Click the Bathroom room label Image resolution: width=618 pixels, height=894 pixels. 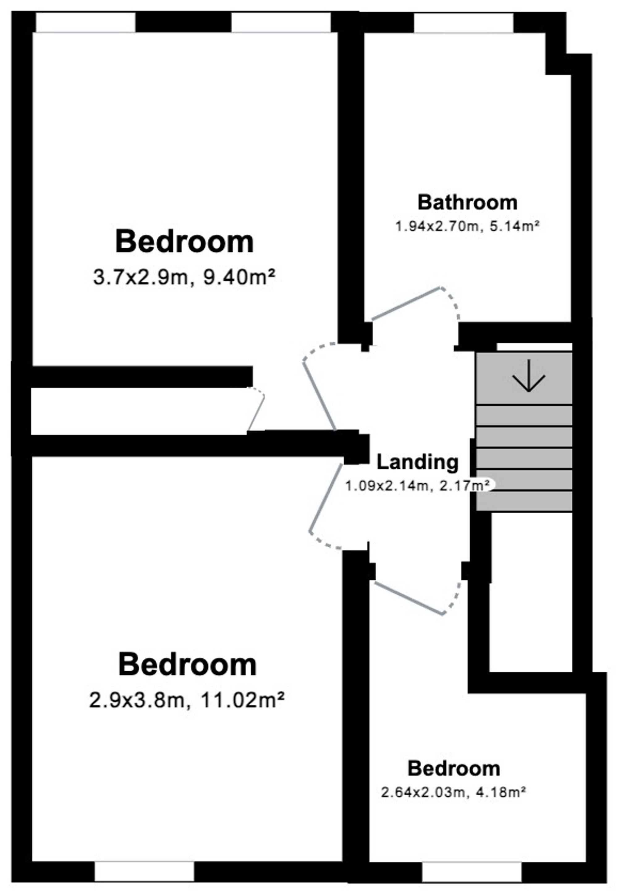click(x=468, y=203)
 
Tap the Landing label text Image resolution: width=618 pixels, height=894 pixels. click(x=417, y=462)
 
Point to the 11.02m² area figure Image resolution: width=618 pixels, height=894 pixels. click(x=242, y=700)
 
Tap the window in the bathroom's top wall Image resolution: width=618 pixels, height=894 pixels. click(x=463, y=23)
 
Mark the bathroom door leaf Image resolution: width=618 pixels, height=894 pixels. click(x=405, y=303)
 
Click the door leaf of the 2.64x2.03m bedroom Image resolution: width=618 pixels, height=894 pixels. click(x=408, y=598)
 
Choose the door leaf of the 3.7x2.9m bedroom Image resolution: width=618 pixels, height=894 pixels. click(x=319, y=396)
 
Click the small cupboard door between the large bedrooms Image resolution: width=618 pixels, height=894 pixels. click(x=256, y=413)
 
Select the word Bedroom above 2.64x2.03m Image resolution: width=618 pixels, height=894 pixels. click(x=454, y=768)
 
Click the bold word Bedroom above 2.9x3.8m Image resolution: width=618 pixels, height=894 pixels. click(x=188, y=665)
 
